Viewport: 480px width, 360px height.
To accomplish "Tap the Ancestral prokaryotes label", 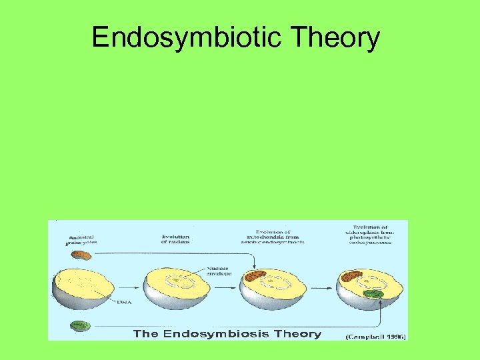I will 81,240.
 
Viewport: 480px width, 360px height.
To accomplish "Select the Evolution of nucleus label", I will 175,239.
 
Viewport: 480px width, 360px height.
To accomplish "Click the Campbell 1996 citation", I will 375,336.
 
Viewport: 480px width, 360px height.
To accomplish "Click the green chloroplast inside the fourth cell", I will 373,293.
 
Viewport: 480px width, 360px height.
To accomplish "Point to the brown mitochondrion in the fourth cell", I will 352,275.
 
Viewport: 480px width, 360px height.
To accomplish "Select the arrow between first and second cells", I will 133,288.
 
